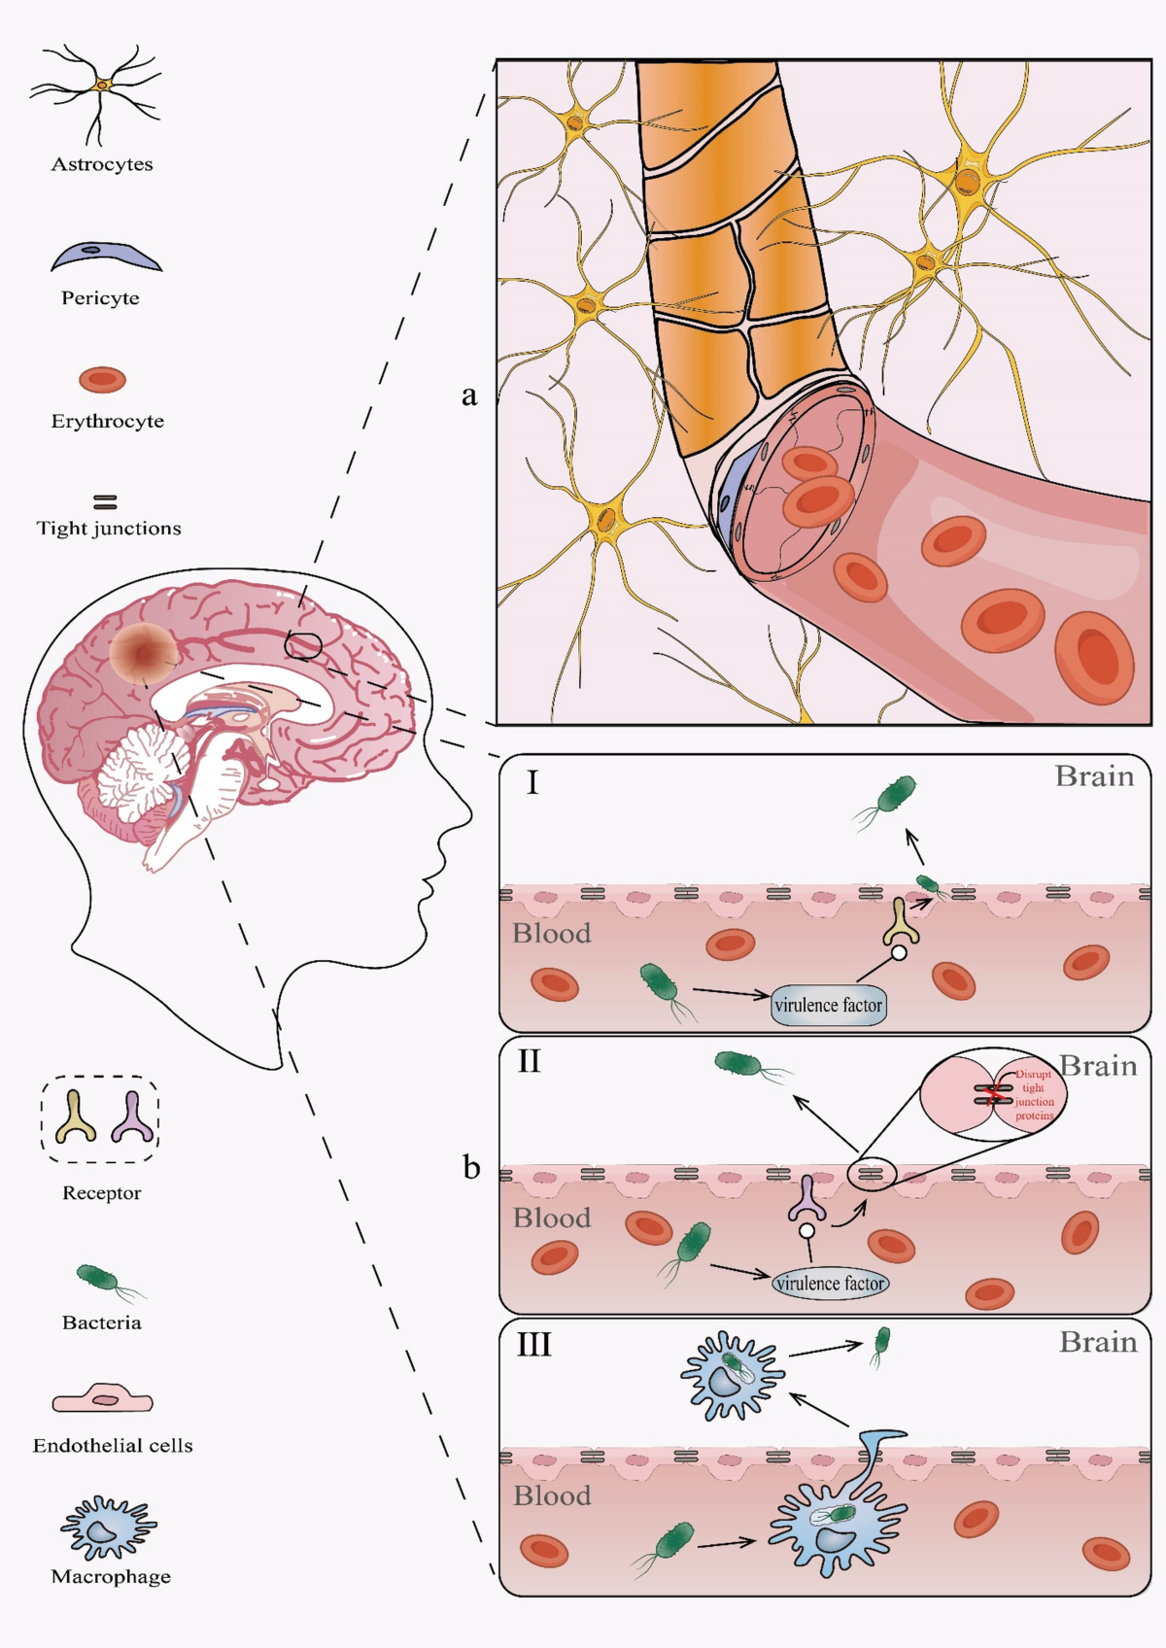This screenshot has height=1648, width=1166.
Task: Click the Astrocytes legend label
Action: point(102,164)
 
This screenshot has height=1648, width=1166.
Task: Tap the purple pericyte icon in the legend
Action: point(105,257)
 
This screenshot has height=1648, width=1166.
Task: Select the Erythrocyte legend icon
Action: point(102,380)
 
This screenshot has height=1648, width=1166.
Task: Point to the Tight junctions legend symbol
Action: point(105,502)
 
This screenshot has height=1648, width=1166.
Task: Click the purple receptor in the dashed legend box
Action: point(132,1116)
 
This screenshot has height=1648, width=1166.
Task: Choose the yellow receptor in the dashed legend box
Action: point(76,1116)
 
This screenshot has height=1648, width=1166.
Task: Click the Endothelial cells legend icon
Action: point(102,1399)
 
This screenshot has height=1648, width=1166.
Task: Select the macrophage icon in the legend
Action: point(108,1528)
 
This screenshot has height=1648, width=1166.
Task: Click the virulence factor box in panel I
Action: point(829,1005)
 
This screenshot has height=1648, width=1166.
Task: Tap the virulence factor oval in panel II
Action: point(831,1284)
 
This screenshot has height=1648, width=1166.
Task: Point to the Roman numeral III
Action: point(533,1346)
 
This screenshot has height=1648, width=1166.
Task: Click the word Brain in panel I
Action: point(1094,777)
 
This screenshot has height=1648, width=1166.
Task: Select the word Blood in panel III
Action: point(552,1495)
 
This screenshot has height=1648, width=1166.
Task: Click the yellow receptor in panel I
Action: point(901,923)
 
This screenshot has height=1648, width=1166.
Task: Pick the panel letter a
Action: point(470,395)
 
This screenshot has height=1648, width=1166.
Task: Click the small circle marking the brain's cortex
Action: point(303,645)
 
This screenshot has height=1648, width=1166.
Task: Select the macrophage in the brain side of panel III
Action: point(731,1375)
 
